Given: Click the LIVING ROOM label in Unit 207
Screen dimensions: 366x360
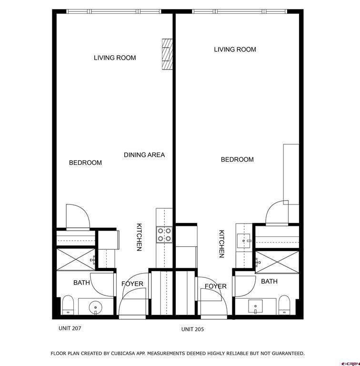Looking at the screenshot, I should (115, 58).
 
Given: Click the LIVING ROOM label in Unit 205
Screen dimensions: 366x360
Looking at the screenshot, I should (235, 50).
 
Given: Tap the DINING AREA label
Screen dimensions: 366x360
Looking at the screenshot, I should (144, 155).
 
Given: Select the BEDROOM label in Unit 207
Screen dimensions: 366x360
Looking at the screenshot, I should (85, 163).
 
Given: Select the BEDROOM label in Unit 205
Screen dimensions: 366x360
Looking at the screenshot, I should (237, 160).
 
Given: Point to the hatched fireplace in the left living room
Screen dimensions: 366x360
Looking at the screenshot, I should (167, 54).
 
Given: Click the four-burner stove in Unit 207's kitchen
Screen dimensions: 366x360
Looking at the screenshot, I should (164, 234).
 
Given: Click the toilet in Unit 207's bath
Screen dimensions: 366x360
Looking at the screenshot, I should (68, 305).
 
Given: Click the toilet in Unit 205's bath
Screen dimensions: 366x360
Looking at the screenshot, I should (284, 305).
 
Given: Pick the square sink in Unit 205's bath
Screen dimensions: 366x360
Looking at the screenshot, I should (256, 305).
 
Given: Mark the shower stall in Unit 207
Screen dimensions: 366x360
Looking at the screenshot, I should (75, 259).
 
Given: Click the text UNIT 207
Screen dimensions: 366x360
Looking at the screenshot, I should (70, 328).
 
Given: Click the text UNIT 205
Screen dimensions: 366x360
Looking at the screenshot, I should (192, 329).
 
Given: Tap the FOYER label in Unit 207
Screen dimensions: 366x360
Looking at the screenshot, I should (132, 284).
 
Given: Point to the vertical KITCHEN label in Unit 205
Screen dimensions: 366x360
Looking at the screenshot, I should (221, 244).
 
